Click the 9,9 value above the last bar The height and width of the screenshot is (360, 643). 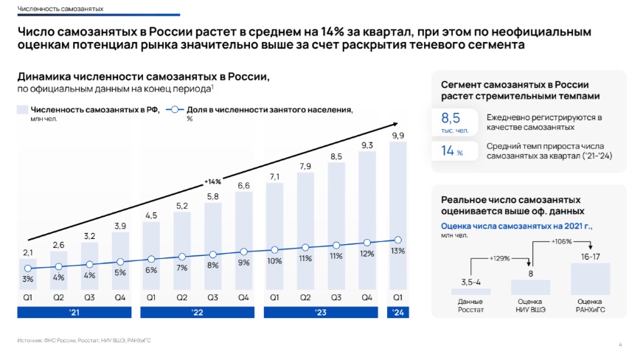397,136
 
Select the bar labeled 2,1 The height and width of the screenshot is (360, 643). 27,272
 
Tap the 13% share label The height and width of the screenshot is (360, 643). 397,251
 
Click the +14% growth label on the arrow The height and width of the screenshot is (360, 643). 212,181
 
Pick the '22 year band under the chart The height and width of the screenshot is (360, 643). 197,313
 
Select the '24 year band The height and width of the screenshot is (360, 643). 397,313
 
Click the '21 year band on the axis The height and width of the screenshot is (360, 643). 74,313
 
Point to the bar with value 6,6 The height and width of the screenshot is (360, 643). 243,240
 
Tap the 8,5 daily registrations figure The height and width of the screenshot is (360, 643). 450,118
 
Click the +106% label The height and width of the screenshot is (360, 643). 562,241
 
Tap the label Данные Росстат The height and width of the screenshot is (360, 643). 470,305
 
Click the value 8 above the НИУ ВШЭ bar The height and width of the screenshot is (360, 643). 530,274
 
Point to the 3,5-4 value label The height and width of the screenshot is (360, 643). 470,282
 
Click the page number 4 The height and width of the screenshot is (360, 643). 620,345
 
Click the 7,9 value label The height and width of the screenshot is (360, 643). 305,167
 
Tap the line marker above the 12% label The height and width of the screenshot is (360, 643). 366,242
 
